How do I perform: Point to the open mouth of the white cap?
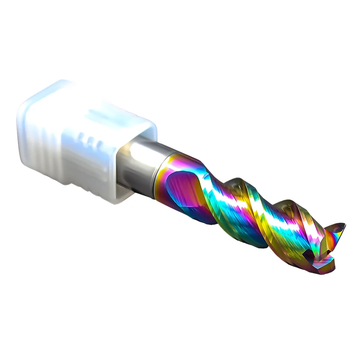coord(135,166)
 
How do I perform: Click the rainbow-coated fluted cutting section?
coord(243,211)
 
